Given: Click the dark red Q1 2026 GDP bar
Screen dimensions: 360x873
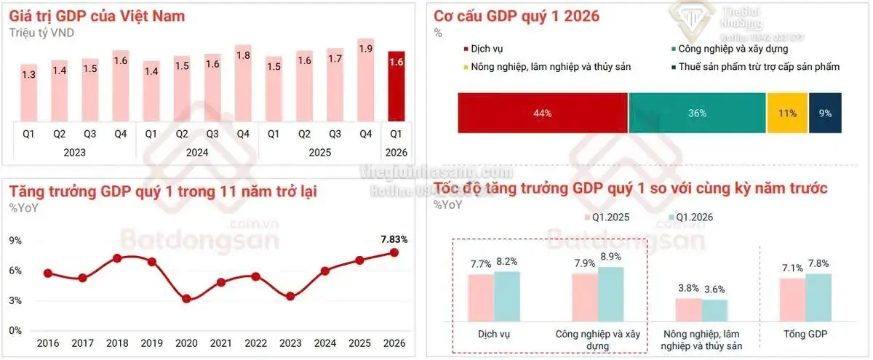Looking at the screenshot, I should click(396, 86).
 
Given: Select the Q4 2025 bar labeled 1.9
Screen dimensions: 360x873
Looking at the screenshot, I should click(366, 80).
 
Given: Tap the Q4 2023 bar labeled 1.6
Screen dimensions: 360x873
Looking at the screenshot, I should click(121, 85).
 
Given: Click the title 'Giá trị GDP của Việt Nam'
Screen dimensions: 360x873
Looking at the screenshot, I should click(97, 16).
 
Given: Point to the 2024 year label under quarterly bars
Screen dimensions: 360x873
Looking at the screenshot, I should click(196, 153).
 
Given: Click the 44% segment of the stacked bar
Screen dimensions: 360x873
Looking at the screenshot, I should click(542, 113).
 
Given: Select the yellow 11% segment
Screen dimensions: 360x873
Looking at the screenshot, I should click(786, 113).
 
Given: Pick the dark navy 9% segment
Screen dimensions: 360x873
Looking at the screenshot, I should click(825, 113).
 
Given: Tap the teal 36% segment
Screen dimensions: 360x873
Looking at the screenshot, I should click(697, 113).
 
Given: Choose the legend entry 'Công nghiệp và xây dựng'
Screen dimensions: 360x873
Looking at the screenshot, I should click(731, 49).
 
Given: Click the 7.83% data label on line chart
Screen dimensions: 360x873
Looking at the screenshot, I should click(394, 239).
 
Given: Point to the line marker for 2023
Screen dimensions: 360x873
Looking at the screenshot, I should click(290, 296).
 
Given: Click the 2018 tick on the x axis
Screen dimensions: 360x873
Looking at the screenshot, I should click(116, 343).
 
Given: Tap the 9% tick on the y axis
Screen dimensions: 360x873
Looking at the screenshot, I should click(15, 240).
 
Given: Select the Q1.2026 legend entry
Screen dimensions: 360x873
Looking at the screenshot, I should click(691, 217).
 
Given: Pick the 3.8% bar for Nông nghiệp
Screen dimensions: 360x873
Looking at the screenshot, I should click(688, 310).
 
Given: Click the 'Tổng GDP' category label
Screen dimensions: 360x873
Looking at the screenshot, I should click(806, 334).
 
